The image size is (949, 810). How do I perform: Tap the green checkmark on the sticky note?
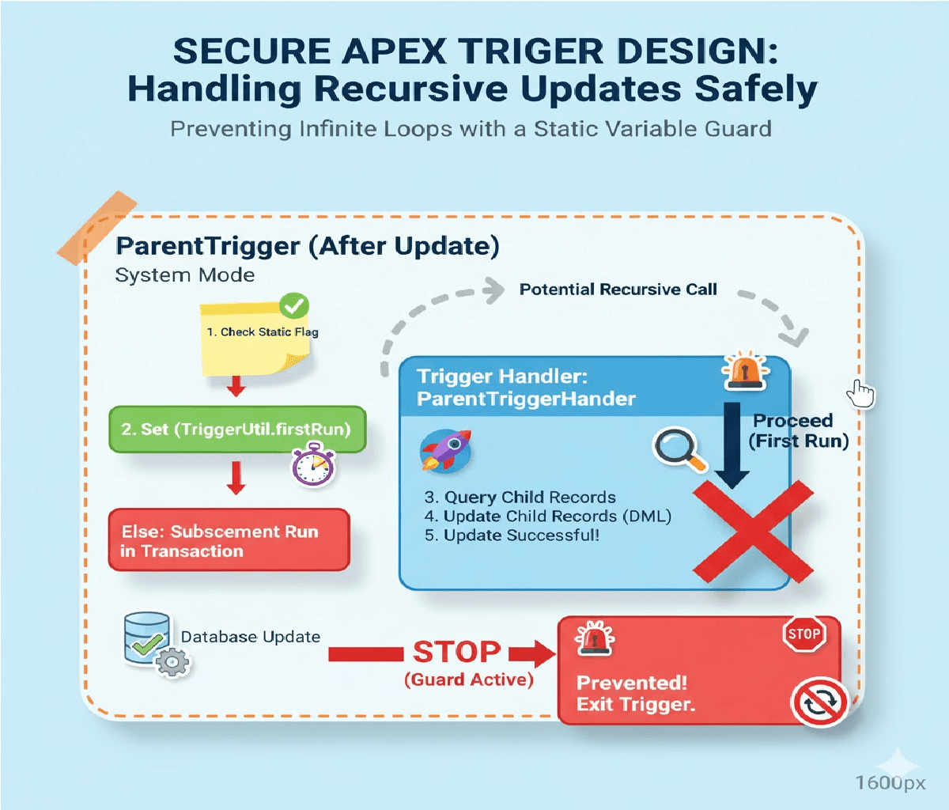click(x=294, y=305)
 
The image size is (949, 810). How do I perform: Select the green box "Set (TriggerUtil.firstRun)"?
click(x=236, y=430)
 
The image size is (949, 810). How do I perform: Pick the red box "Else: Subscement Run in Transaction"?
click(x=229, y=540)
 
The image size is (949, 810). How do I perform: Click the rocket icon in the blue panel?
click(x=446, y=450)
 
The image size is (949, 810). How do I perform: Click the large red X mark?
click(x=754, y=531)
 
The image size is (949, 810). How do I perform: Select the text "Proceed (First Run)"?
click(x=797, y=431)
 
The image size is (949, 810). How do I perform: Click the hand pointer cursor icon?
click(x=861, y=393)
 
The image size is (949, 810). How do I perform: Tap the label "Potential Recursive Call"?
click(x=618, y=290)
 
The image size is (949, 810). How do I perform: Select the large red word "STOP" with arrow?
click(x=456, y=653)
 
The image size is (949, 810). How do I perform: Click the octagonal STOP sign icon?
click(x=803, y=634)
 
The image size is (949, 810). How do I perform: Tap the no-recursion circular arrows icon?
click(x=819, y=701)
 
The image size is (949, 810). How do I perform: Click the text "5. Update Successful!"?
click(x=512, y=536)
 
